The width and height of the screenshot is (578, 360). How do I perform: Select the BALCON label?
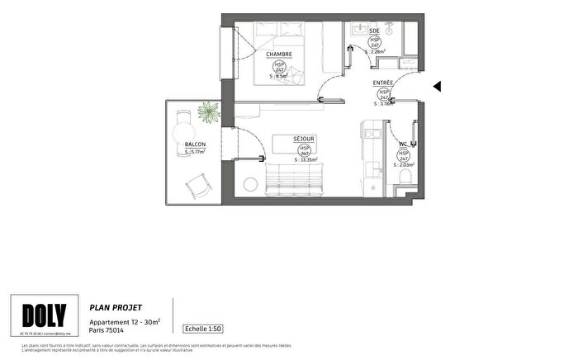pos(196,144)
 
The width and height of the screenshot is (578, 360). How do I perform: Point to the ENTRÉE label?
pos(383,83)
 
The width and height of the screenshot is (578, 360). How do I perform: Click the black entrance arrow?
pos(438,86)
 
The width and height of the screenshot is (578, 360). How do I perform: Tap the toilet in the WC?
pos(404,178)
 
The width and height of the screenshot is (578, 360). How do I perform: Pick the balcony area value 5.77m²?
pos(197,152)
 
